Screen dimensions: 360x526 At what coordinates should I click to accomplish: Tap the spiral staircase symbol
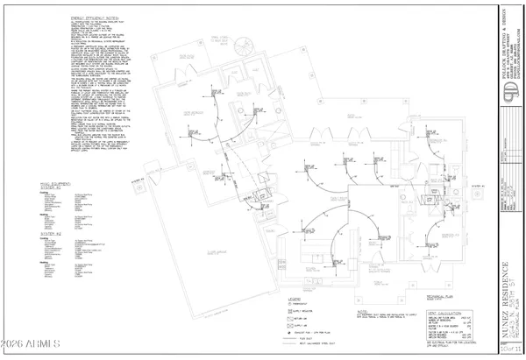point(248,49)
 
